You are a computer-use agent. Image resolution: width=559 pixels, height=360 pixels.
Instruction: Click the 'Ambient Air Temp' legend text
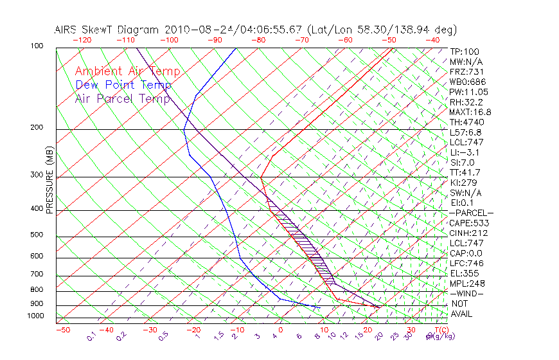[127, 72]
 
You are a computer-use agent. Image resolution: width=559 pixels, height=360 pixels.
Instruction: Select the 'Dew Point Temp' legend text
[123, 85]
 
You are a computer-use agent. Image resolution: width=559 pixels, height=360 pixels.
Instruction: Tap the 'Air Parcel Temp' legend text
[122, 98]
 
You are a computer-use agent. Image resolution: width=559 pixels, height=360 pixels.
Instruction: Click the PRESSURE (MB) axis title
[49, 181]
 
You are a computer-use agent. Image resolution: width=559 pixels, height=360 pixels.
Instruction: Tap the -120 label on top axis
[81, 40]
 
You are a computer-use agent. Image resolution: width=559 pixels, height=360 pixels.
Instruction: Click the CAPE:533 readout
[468, 223]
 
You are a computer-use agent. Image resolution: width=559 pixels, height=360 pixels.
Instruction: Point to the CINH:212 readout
[468, 233]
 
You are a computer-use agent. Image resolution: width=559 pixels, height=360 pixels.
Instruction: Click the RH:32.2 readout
[466, 102]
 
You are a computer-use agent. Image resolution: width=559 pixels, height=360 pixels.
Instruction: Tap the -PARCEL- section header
[471, 213]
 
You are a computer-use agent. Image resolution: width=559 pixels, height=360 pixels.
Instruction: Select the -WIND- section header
[466, 293]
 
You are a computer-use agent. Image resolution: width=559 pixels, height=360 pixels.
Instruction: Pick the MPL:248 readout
[467, 283]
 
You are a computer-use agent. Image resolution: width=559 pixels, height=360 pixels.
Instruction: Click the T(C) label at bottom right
[440, 330]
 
